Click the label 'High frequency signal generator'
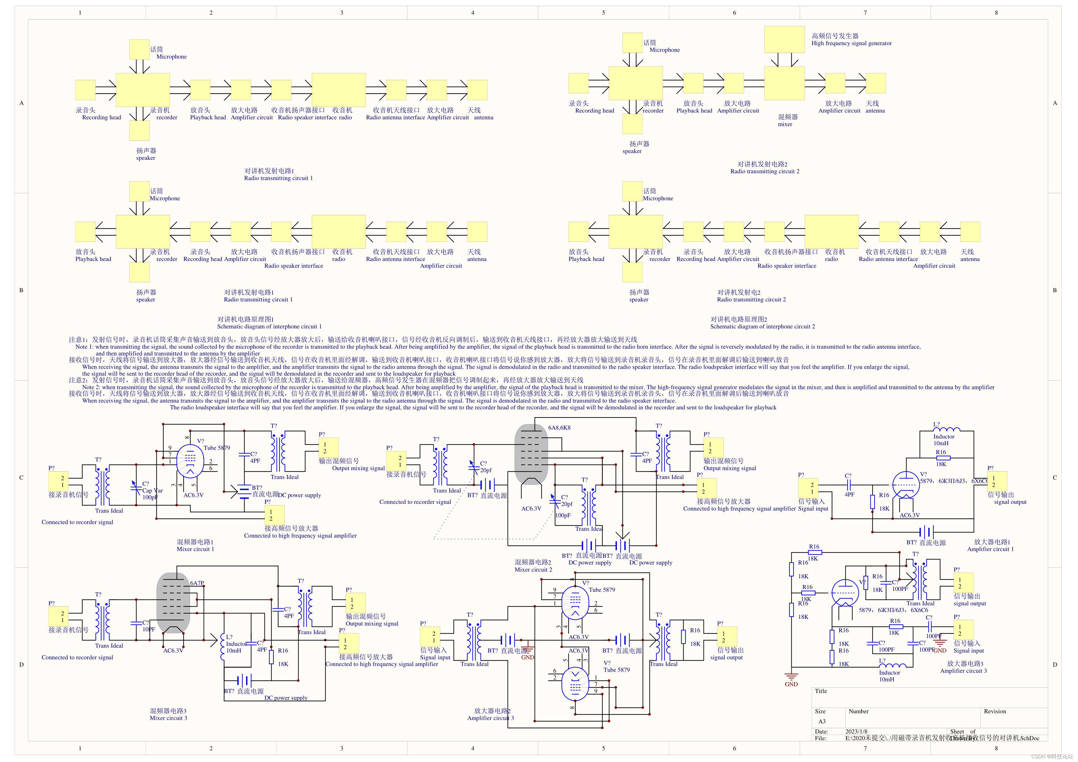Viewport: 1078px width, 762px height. (851, 43)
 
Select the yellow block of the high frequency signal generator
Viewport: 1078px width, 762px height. (784, 39)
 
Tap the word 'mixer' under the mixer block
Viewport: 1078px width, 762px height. (785, 124)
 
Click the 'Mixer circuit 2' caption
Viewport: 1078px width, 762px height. (533, 570)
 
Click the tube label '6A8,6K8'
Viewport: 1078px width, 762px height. (559, 428)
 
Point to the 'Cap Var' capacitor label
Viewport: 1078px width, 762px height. (153, 491)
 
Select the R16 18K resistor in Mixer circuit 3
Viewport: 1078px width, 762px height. (271, 657)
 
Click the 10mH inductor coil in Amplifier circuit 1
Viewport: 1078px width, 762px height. (946, 429)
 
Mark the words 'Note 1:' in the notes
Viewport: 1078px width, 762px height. (84, 347)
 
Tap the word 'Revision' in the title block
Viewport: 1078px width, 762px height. (995, 711)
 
